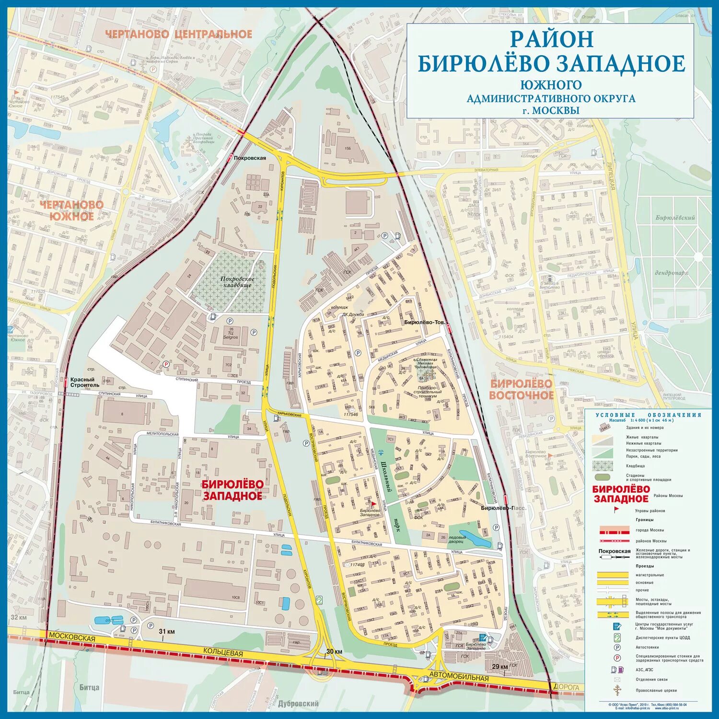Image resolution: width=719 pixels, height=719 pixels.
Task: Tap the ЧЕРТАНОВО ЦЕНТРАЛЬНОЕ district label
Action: pyautogui.click(x=178, y=34)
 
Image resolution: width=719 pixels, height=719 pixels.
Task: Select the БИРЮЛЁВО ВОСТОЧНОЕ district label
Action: pyautogui.click(x=521, y=389)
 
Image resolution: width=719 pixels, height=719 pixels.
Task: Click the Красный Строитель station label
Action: pyautogui.click(x=85, y=382)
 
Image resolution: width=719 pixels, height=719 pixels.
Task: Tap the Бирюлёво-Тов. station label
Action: pyautogui.click(x=424, y=323)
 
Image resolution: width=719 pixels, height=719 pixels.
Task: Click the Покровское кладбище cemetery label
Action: pyautogui.click(x=237, y=282)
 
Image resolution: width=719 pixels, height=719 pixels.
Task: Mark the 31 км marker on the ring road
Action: pyautogui.click(x=167, y=631)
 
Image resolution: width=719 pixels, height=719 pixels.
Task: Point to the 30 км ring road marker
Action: pyautogui.click(x=334, y=651)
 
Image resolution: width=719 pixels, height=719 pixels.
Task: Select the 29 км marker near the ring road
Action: pyautogui.click(x=500, y=667)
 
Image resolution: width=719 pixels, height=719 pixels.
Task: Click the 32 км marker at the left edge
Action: pyautogui.click(x=19, y=617)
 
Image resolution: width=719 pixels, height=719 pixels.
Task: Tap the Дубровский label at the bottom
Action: pyautogui.click(x=298, y=704)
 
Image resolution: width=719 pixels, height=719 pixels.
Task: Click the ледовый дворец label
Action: pyautogui.click(x=457, y=540)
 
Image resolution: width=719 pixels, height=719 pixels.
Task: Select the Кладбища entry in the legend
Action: pyautogui.click(x=635, y=466)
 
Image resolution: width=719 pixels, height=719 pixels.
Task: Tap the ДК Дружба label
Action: pyautogui.click(x=352, y=314)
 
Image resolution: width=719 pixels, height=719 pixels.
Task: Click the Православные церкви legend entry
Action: pyautogui.click(x=656, y=690)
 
